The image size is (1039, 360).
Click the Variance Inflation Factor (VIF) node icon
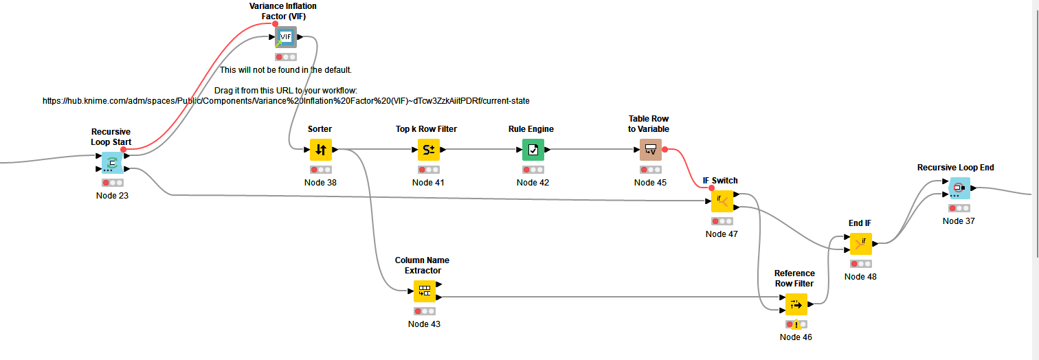pyautogui.click(x=286, y=37)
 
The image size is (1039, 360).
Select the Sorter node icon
pyautogui.click(x=321, y=149)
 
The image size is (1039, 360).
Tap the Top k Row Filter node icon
pyautogui.click(x=428, y=149)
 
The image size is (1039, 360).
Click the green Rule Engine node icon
pyautogui.click(x=533, y=149)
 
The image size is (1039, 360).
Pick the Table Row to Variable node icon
pyautogui.click(x=650, y=149)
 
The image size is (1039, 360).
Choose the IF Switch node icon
pyautogui.click(x=722, y=201)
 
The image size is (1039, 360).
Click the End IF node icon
pyautogui.click(x=860, y=243)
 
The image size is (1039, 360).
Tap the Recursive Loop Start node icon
pyautogui.click(x=112, y=163)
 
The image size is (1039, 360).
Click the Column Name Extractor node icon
pyautogui.click(x=424, y=291)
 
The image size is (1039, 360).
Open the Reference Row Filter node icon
pyautogui.click(x=796, y=304)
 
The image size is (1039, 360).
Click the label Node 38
pyautogui.click(x=320, y=182)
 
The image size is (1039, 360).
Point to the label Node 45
pyautogui.click(x=650, y=182)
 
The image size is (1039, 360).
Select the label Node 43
pyautogui.click(x=424, y=324)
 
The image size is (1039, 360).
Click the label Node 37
pyautogui.click(x=959, y=221)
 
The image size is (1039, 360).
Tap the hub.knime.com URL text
pyautogui.click(x=286, y=100)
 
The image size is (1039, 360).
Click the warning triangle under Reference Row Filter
pyautogui.click(x=796, y=325)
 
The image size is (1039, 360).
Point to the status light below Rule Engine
pyautogui.click(x=533, y=169)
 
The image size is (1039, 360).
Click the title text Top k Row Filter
pyautogui.click(x=426, y=129)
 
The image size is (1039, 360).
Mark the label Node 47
pyautogui.click(x=722, y=234)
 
